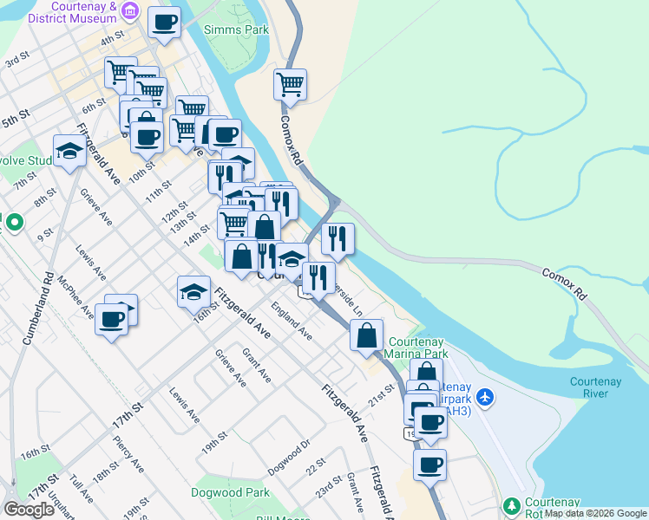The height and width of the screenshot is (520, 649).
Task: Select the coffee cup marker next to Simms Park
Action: point(164,23)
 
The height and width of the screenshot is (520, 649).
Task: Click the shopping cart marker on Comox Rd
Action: point(290,85)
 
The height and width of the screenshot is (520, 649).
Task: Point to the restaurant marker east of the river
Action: point(338,238)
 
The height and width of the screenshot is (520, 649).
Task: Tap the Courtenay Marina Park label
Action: point(418,348)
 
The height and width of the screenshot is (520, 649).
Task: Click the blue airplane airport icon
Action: point(485,397)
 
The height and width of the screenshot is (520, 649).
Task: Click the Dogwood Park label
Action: point(225,491)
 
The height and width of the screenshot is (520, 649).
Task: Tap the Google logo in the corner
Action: point(29,510)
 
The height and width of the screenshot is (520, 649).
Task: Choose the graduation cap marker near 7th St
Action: point(69,151)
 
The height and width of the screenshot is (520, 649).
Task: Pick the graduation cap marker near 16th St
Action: point(194,292)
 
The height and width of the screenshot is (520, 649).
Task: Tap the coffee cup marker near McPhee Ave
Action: point(112,318)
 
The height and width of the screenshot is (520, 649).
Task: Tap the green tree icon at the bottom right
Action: point(512,505)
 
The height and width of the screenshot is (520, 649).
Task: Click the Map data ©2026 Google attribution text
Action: point(594,514)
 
